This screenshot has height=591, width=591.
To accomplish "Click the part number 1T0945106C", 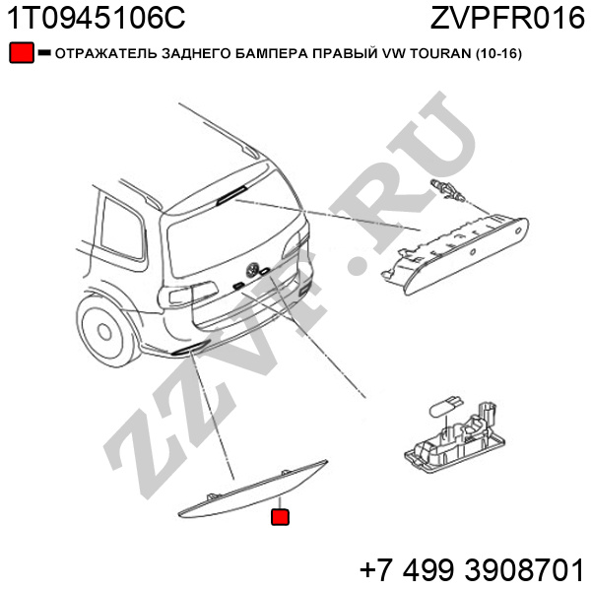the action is point(97,18).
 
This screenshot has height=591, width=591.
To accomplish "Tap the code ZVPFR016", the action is point(507,18).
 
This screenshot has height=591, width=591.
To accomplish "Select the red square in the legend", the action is point(22,53).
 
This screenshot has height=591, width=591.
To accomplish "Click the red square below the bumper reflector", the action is point(280,517).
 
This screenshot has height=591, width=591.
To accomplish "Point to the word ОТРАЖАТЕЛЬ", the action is point(106,54).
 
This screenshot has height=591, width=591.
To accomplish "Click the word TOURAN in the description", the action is point(440,54).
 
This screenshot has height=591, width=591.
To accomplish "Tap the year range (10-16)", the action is point(498,54).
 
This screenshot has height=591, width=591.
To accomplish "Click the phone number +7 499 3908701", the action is point(472,570).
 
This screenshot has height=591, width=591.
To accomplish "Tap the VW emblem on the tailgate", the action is point(251,270).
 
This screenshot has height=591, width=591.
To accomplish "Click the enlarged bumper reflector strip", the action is point(252,489).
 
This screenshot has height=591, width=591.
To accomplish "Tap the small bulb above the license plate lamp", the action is point(446,407).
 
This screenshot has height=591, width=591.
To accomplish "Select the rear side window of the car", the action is point(122,229).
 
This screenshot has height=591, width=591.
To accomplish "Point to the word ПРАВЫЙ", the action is point(345,54).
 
